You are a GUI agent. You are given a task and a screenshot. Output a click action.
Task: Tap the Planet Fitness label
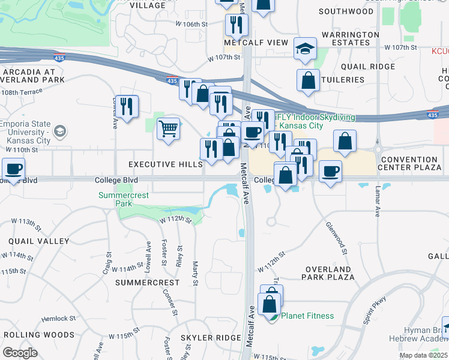click(x=308, y=316)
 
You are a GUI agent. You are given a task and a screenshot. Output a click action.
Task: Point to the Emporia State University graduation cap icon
click(x=60, y=130)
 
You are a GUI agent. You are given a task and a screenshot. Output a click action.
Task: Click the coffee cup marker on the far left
click(x=14, y=169)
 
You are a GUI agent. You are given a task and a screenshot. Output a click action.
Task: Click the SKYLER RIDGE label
click(x=211, y=338)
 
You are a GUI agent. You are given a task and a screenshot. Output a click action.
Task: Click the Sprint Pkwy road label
click(x=375, y=311)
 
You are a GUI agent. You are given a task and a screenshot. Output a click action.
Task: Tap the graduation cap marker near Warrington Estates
click(x=305, y=49)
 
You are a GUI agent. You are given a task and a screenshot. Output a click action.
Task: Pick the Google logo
click(x=19, y=353)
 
